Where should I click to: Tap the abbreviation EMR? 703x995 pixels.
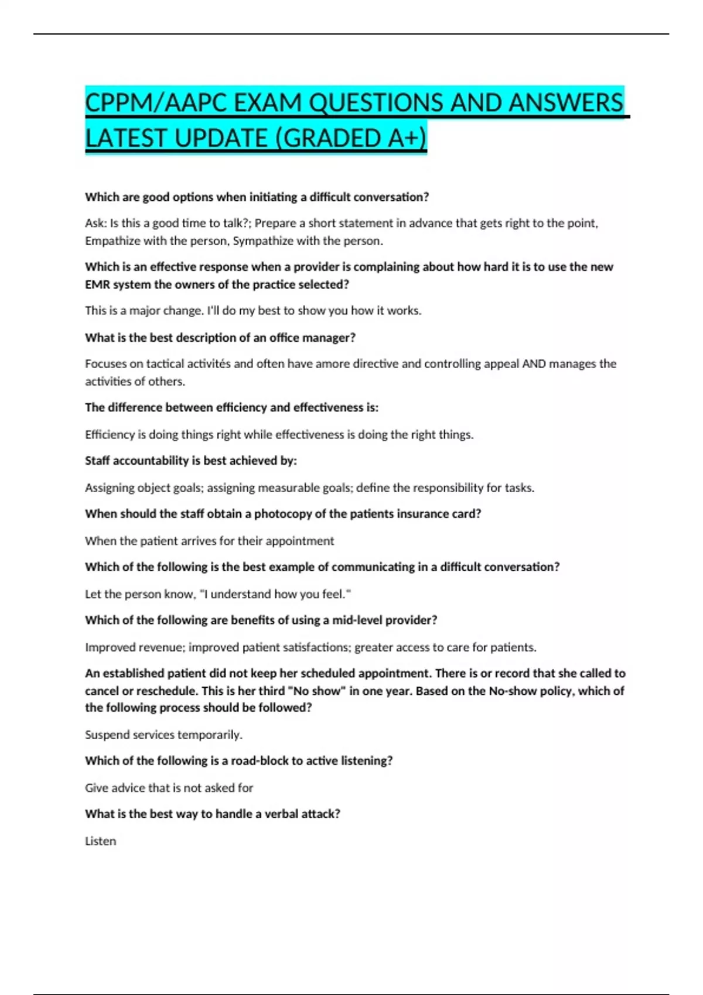pyautogui.click(x=97, y=284)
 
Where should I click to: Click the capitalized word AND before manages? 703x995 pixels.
pyautogui.click(x=534, y=363)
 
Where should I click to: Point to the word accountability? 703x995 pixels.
pyautogui.click(x=150, y=461)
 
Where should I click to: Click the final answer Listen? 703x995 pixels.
pyautogui.click(x=101, y=841)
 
